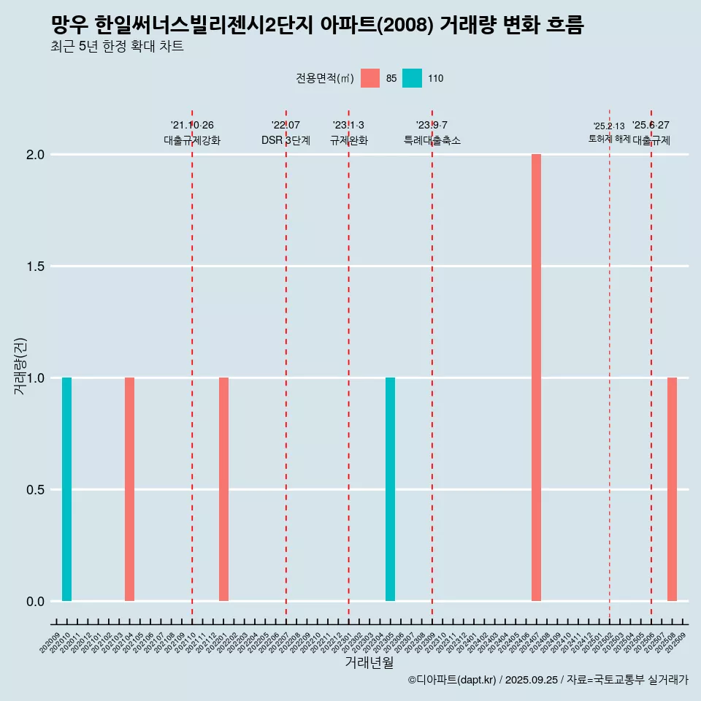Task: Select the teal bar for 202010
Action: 66,489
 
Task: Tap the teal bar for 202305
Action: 390,489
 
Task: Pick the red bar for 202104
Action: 129,489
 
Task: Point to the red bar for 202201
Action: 223,489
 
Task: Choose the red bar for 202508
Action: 672,489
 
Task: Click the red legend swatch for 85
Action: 370,78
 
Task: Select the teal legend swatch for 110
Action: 413,78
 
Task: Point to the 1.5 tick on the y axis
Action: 35,267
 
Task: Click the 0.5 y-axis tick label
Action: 35,490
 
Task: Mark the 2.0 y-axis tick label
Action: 35,155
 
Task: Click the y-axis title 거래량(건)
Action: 20,365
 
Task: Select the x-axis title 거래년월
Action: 369,662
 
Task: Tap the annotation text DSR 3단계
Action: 286,140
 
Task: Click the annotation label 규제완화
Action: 348,140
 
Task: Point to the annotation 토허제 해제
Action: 609,139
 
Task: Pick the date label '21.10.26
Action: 192,125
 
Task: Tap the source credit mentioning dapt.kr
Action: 548,680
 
